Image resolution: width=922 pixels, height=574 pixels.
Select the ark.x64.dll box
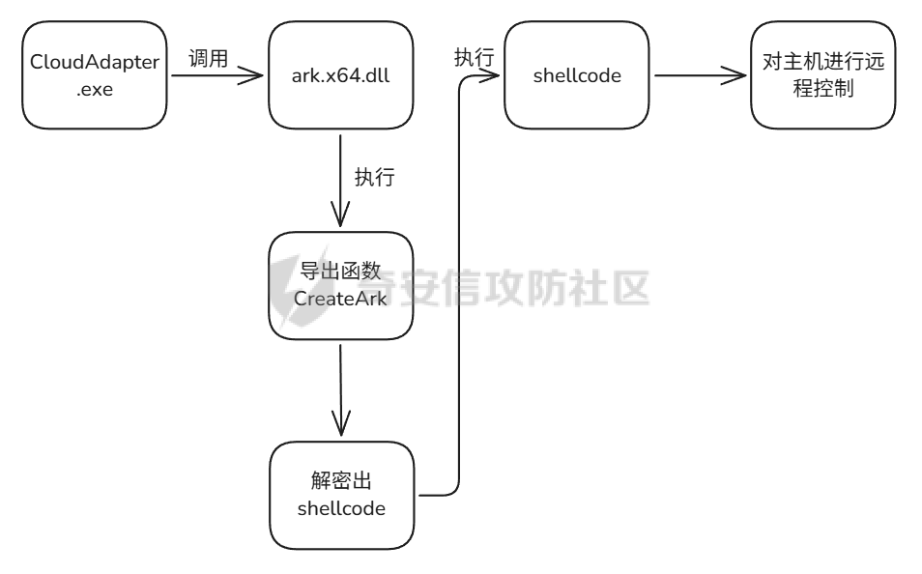tap(340, 75)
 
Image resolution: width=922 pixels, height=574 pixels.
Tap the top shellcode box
tap(576, 75)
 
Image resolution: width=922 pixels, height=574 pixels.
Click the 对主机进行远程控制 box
tap(822, 75)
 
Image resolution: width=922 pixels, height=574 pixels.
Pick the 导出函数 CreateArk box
tap(340, 285)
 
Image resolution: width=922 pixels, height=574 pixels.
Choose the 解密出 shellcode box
tap(340, 496)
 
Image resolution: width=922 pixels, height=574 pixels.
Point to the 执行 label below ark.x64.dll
tap(374, 178)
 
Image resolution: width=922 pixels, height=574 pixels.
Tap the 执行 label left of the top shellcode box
tap(474, 58)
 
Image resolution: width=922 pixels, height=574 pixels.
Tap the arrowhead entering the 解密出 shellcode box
tap(340, 426)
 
